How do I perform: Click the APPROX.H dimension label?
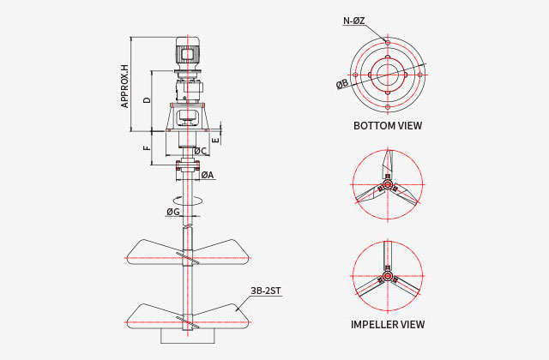pyautogui.click(x=124, y=87)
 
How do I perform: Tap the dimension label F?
pyautogui.click(x=148, y=148)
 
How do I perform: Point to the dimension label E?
pyautogui.click(x=215, y=140)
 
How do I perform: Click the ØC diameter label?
pyautogui.click(x=200, y=151)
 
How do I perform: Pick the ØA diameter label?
pyautogui.click(x=208, y=175)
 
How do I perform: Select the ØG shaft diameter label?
pyautogui.click(x=173, y=212)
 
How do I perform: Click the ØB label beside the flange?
pyautogui.click(x=342, y=84)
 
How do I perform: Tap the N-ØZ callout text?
pyautogui.click(x=354, y=21)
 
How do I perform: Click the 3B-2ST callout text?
pyautogui.click(x=265, y=291)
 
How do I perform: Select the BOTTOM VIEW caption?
pyautogui.click(x=388, y=126)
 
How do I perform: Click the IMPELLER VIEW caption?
pyautogui.click(x=388, y=324)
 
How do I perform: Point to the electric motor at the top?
pyautogui.click(x=188, y=53)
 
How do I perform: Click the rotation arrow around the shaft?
pyautogui.click(x=188, y=201)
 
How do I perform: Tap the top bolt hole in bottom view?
pyautogui.click(x=388, y=42)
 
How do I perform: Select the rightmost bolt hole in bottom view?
pyautogui.click(x=419, y=75)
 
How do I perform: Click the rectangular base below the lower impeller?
pyautogui.click(x=187, y=336)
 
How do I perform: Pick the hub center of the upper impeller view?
pyautogui.click(x=387, y=184)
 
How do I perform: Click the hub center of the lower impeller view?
pyautogui.click(x=387, y=276)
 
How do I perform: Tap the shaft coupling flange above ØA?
pyautogui.click(x=188, y=165)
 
